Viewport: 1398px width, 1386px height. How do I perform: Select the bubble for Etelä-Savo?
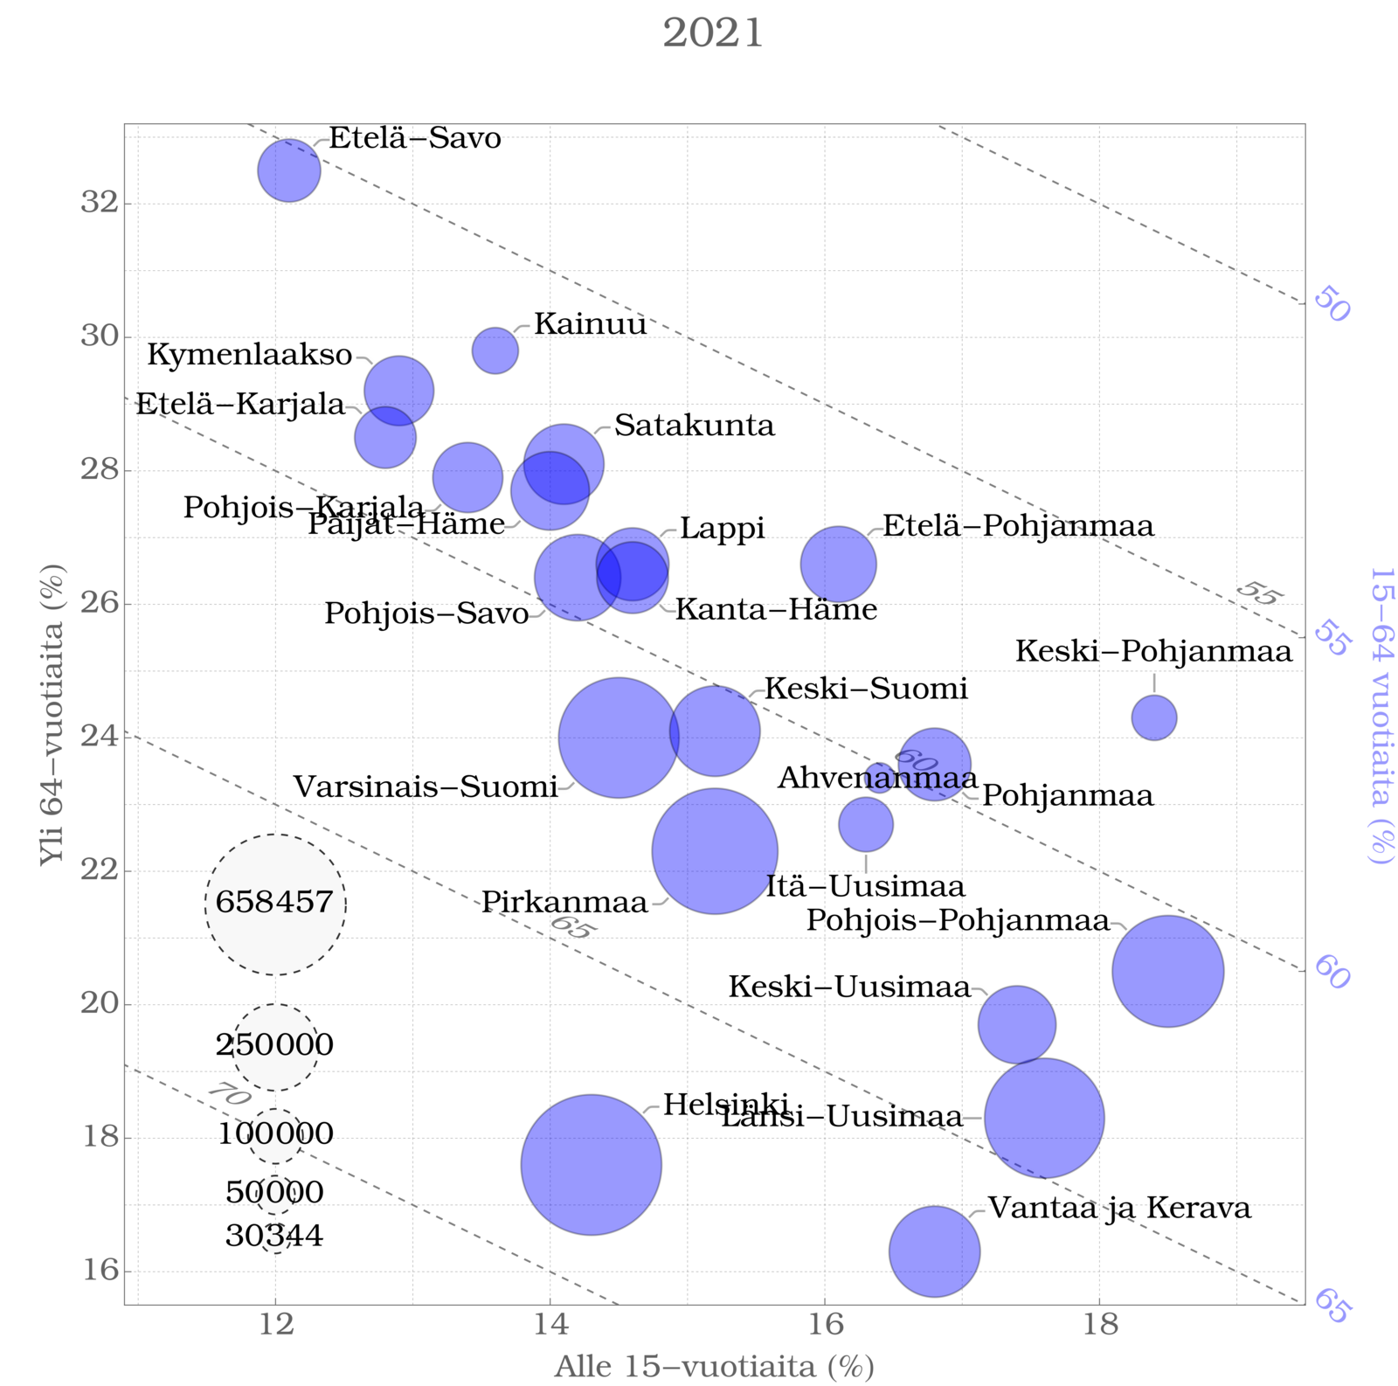pos(289,170)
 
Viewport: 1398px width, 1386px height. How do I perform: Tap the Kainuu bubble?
pos(495,351)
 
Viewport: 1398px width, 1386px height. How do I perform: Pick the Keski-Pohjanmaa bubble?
pos(1154,717)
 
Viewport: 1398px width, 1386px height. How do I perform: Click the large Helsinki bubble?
pos(591,1164)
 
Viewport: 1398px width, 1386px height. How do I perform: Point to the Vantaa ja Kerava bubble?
pos(934,1251)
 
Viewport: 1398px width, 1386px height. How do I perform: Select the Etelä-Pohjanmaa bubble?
pos(838,565)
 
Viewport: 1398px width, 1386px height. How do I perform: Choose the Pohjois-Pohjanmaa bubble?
pos(1168,971)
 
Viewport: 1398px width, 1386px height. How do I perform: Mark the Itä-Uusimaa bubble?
pos(866,824)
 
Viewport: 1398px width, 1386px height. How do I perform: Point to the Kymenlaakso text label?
pos(250,355)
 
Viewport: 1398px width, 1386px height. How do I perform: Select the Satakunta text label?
pos(695,426)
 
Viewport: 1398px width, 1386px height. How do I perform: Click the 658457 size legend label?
pos(275,902)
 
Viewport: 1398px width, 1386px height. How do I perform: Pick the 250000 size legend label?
pos(275,1045)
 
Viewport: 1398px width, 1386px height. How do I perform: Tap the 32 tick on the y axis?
pos(99,203)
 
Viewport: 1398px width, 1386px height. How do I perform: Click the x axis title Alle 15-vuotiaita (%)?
pos(714,1367)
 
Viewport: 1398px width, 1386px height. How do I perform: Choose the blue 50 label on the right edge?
pos(1332,304)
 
